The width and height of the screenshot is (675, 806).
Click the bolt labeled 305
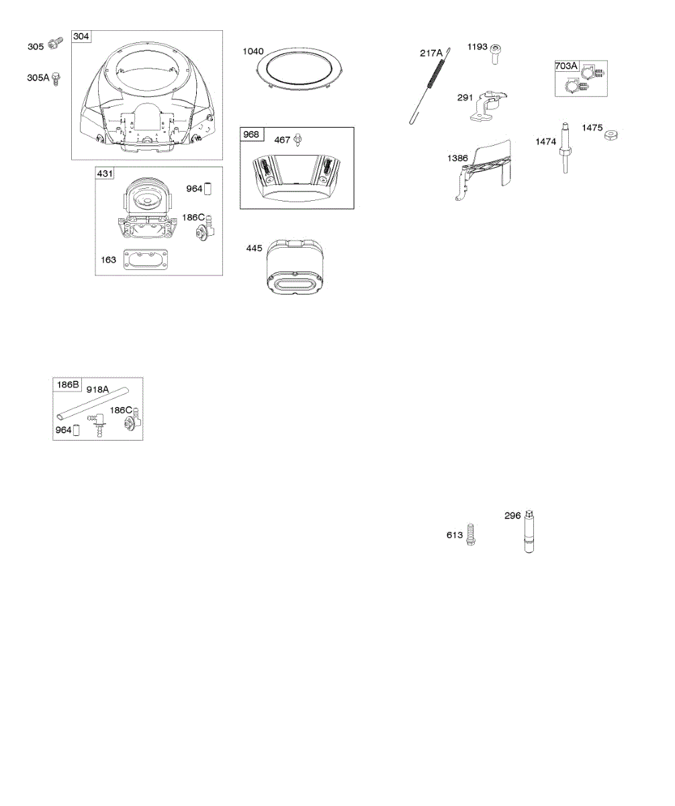coord(55,45)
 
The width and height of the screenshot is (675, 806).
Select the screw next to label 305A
coord(58,78)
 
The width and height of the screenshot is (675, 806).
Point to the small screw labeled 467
coord(300,140)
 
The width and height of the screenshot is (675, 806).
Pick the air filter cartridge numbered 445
coord(297,269)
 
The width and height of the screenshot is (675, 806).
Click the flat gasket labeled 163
coord(146,262)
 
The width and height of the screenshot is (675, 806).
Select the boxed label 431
coord(105,173)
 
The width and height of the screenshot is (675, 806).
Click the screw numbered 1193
coord(495,53)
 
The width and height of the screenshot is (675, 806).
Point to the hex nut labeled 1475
coord(611,136)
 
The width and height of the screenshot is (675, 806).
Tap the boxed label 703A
coord(566,66)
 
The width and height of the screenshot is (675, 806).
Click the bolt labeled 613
coord(471,535)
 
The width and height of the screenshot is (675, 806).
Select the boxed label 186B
coord(67,385)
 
